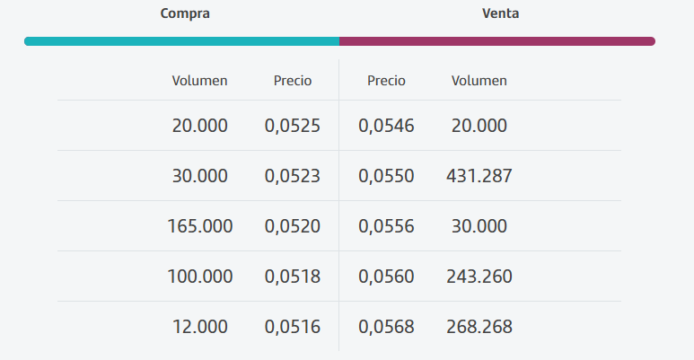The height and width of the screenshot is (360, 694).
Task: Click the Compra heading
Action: [185, 13]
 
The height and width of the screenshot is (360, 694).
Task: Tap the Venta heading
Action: [501, 13]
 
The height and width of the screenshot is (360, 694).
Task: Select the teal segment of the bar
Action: [182, 41]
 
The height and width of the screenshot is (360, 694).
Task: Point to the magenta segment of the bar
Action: [497, 41]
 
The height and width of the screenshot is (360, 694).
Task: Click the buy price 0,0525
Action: [292, 126]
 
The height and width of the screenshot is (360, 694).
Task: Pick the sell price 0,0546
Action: [386, 126]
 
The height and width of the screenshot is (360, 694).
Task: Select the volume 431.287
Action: [479, 176]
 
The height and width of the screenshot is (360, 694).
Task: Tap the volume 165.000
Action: [199, 226]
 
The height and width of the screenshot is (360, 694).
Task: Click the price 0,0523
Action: [292, 176]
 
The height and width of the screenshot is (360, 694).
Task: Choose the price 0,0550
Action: [386, 176]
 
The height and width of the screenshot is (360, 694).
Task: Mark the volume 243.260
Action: [479, 277]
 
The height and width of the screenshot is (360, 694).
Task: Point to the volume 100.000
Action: [199, 277]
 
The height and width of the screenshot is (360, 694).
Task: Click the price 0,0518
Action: [292, 277]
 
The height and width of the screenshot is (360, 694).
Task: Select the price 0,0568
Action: [386, 328]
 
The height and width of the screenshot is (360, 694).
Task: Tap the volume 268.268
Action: [479, 327]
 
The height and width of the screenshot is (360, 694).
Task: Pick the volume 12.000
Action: [199, 327]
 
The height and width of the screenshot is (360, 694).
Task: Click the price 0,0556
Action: [386, 227]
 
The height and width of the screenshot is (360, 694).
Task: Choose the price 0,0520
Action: [292, 227]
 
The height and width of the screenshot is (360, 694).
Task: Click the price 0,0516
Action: [292, 328]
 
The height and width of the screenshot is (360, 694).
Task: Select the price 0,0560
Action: [386, 277]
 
